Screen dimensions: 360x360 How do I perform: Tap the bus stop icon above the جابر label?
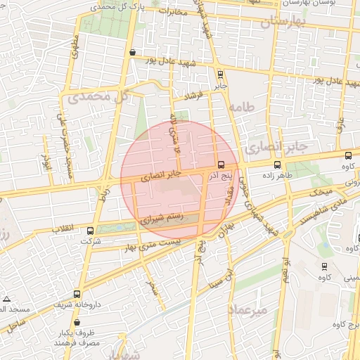click(220, 73)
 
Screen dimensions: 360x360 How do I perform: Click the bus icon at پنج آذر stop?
click(222, 162)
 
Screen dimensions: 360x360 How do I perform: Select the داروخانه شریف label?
click(76, 304)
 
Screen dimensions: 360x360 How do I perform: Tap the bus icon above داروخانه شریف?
click(77, 294)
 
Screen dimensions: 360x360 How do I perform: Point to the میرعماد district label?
click(249, 309)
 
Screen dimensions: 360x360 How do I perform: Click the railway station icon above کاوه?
click(324, 266)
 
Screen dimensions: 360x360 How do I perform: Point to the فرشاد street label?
click(190, 94)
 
